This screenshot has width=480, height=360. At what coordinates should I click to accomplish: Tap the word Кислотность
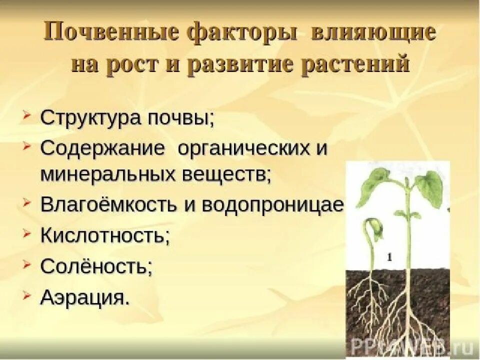point(104,235)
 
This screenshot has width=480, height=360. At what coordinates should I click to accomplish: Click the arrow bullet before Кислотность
point(27,234)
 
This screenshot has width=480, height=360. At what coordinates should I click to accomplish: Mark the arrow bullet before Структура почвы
point(27,117)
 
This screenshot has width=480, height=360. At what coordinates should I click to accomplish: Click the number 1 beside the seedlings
point(388,257)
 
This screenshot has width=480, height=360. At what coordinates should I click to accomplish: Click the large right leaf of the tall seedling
point(429,189)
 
